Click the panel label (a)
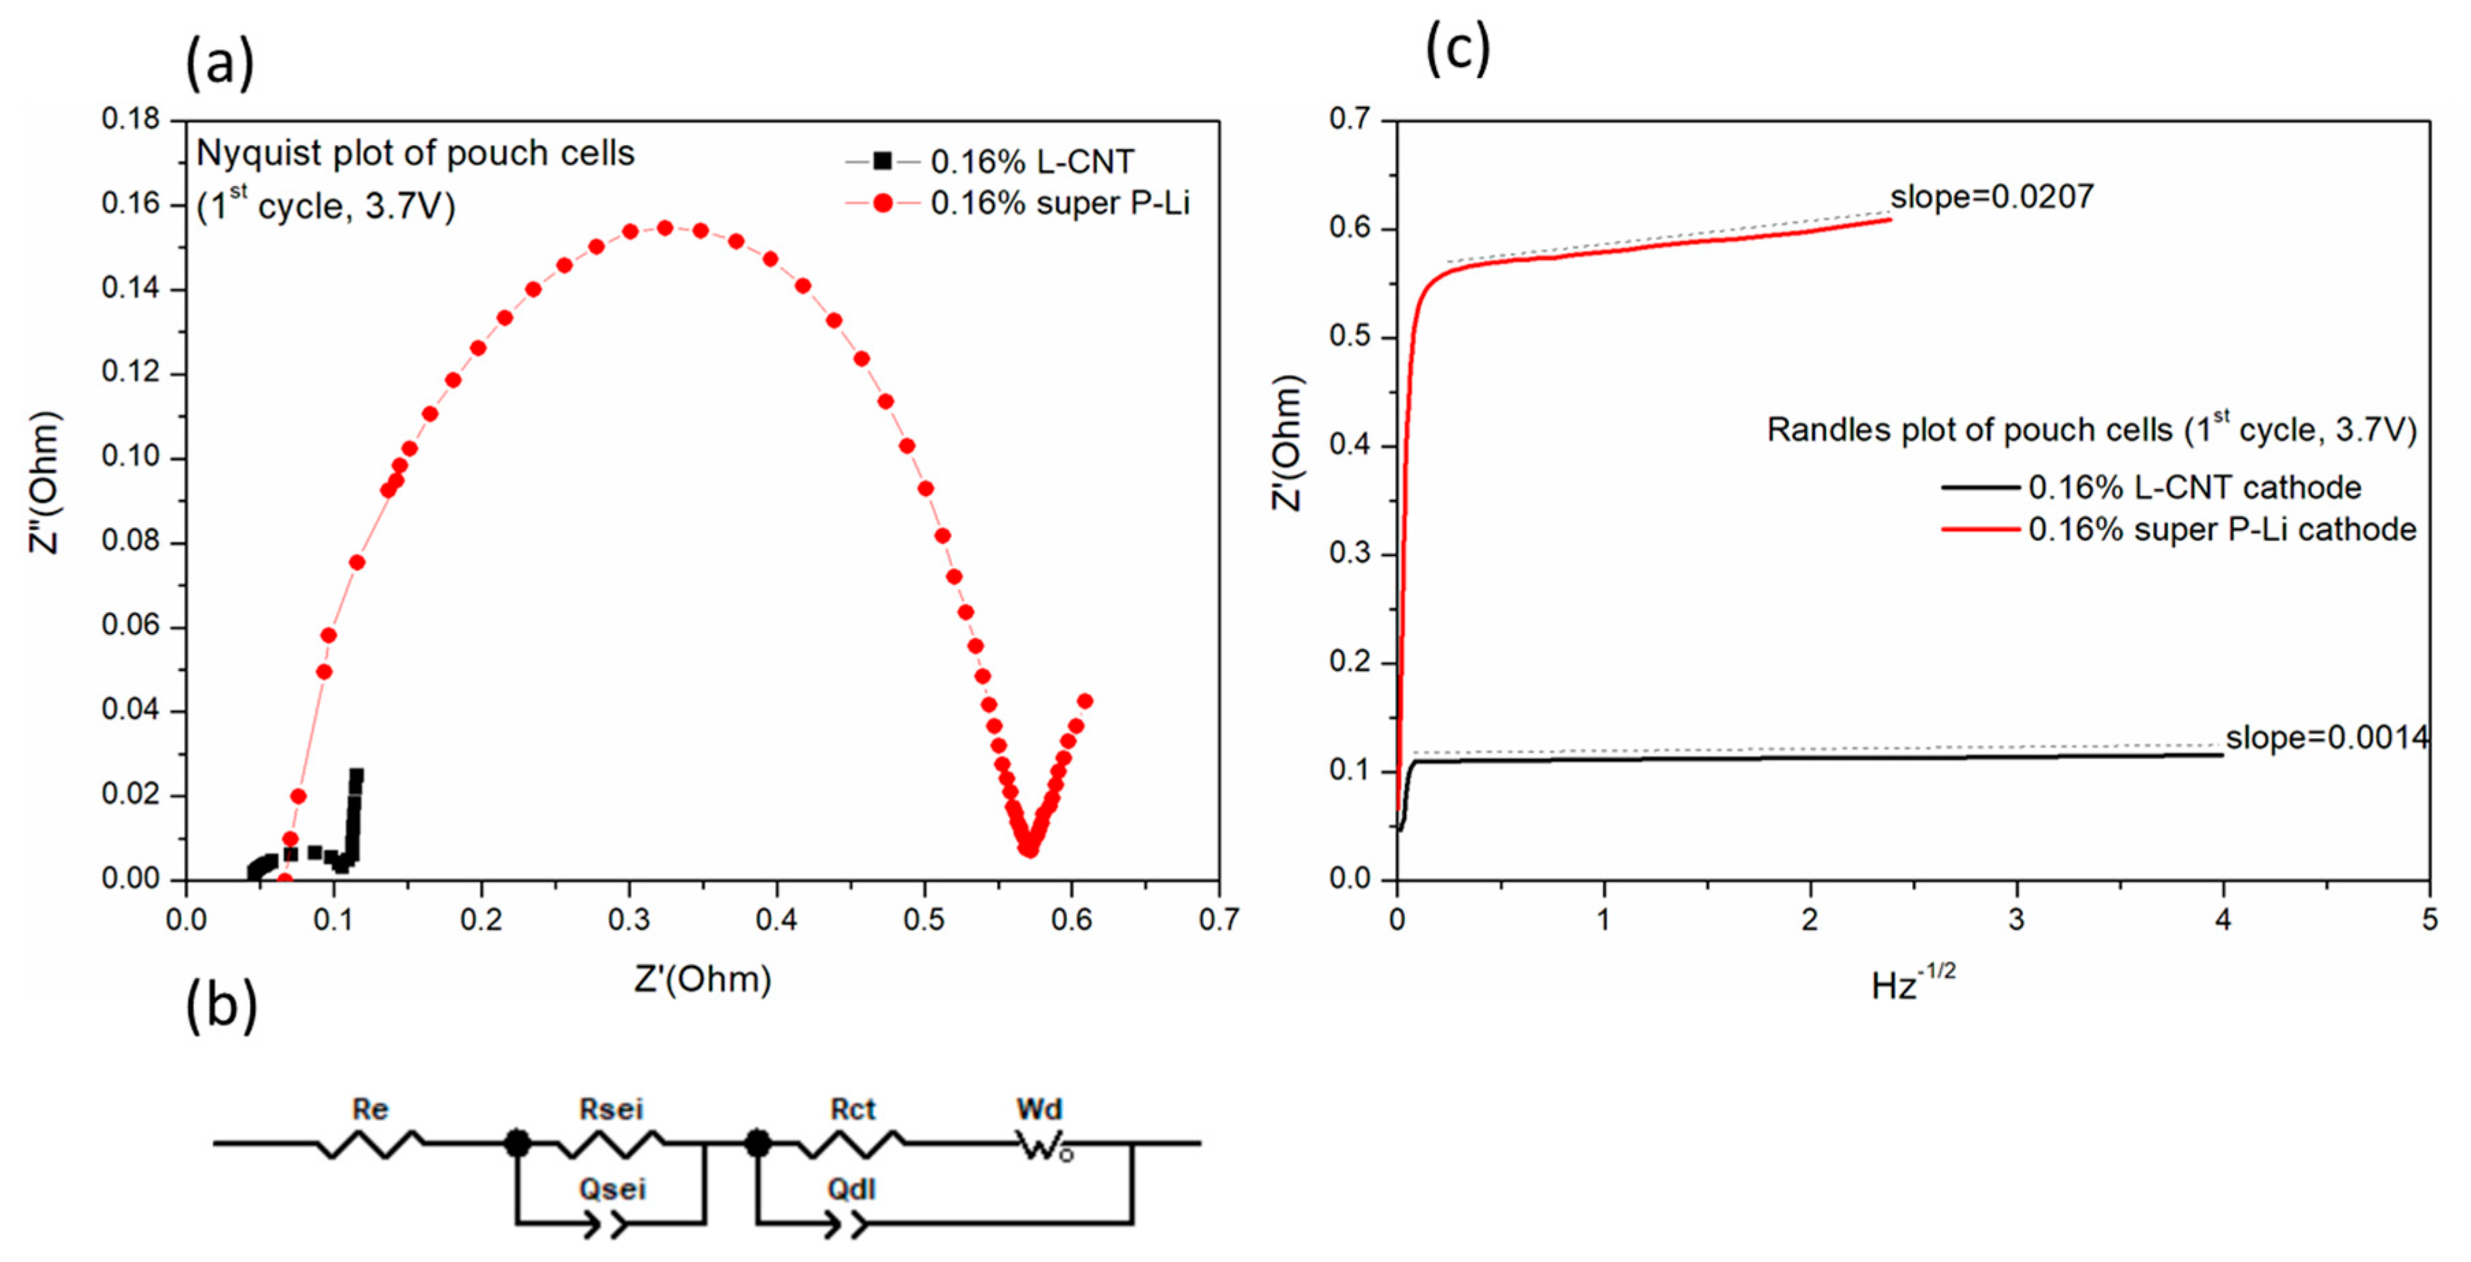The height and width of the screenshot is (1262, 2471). coord(220,64)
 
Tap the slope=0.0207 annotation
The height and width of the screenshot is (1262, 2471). coord(1992,197)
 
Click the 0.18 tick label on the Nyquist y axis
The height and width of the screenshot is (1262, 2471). coord(131,119)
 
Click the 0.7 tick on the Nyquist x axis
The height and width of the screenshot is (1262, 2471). coord(1218,919)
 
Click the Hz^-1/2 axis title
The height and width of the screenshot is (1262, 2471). coord(1912,984)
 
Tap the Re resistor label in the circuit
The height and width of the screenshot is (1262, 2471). coord(369,1109)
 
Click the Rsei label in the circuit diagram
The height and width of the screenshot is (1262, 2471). coord(611,1109)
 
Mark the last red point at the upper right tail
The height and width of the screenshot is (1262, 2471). coord(1085,700)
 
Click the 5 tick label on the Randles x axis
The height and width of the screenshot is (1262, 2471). coord(2429,919)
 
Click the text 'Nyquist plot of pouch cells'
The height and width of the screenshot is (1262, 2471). coord(415,153)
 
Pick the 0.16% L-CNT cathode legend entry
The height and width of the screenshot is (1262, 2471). coord(2194,488)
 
